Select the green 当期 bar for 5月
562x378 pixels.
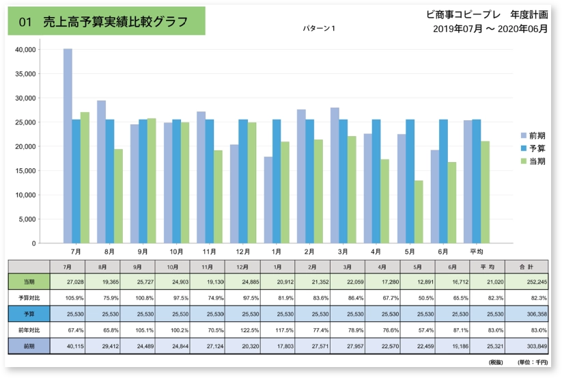pyautogui.click(x=418, y=212)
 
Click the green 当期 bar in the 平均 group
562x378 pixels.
pyautogui.click(x=485, y=192)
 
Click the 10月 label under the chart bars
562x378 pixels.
pyautogui.click(x=176, y=252)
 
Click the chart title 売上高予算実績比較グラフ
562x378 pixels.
pyautogui.click(x=106, y=22)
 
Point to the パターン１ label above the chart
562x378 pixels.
pyautogui.click(x=319, y=29)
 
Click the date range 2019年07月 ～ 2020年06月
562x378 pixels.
pyautogui.click(x=490, y=29)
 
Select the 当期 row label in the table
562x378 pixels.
pyautogui.click(x=29, y=281)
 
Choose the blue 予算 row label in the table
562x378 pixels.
pyautogui.click(x=29, y=313)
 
